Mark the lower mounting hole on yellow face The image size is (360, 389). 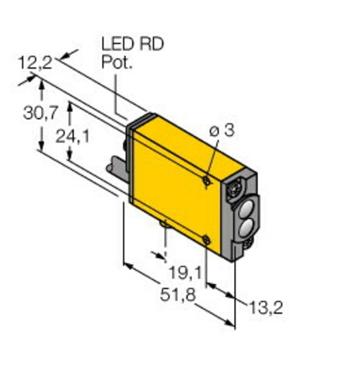(205, 240)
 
